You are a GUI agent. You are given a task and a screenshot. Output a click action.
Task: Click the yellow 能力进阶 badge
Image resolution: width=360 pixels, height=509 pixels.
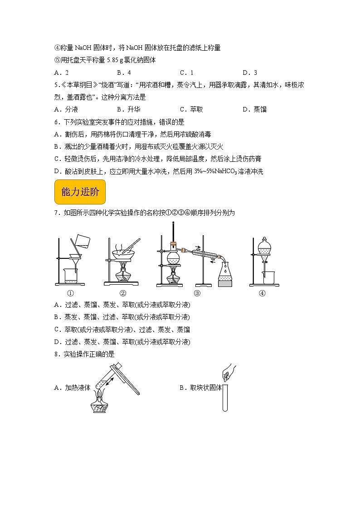point(79,192)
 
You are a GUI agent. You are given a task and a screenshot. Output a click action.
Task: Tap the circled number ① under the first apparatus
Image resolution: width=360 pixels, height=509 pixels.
point(70,293)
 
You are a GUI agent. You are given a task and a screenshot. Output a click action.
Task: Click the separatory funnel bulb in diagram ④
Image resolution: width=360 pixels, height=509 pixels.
point(265,247)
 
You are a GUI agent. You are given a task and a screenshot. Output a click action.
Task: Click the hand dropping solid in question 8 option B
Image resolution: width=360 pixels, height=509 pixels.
point(229,369)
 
